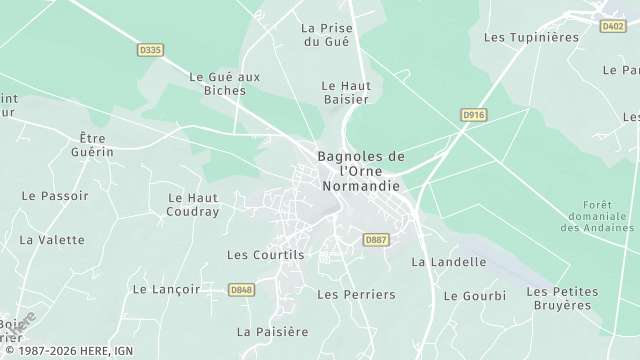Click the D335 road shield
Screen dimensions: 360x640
point(149,49)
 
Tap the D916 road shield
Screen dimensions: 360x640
point(474,116)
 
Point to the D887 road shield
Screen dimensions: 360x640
point(376,240)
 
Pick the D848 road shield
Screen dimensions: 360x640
point(241,290)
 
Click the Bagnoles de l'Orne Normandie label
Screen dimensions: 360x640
point(361,171)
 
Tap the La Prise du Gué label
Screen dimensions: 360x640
point(326,35)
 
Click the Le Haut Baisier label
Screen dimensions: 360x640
point(345,92)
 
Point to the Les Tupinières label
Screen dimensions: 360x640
point(531,37)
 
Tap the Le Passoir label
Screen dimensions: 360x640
point(55,196)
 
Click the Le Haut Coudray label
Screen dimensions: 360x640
point(193,205)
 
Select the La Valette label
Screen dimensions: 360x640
point(52,240)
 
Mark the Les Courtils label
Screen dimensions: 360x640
point(265,255)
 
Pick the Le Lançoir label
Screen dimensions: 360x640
point(166,289)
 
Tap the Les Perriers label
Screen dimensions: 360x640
point(356,295)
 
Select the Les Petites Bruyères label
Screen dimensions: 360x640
point(561,298)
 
